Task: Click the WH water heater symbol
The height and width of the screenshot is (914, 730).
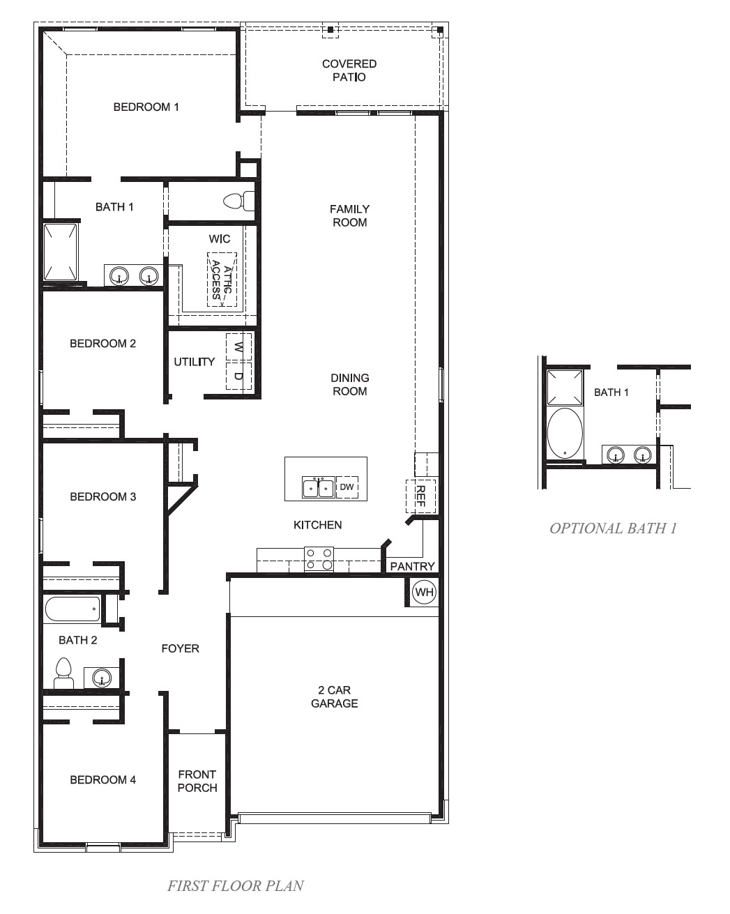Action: (424, 593)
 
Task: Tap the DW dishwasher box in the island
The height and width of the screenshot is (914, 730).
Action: (347, 487)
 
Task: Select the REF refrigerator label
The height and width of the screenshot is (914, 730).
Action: (420, 496)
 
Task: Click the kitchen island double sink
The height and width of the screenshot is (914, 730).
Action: (319, 488)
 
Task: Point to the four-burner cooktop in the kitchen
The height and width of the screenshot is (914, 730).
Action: (319, 559)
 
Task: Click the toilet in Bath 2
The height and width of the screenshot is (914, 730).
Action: (64, 673)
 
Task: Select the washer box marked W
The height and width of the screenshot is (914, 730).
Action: (238, 346)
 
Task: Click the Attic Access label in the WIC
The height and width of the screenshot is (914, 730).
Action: (222, 280)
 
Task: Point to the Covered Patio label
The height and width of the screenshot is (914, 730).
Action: (349, 70)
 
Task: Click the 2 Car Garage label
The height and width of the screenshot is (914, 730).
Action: (335, 696)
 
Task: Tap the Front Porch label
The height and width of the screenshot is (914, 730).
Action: (197, 781)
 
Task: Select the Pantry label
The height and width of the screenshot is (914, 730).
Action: (412, 566)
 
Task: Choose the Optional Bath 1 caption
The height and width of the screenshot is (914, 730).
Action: (613, 528)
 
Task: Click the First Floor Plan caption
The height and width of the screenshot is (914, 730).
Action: (236, 885)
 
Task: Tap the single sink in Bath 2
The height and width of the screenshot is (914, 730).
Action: (102, 678)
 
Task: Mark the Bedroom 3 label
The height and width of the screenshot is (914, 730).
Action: (103, 496)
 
